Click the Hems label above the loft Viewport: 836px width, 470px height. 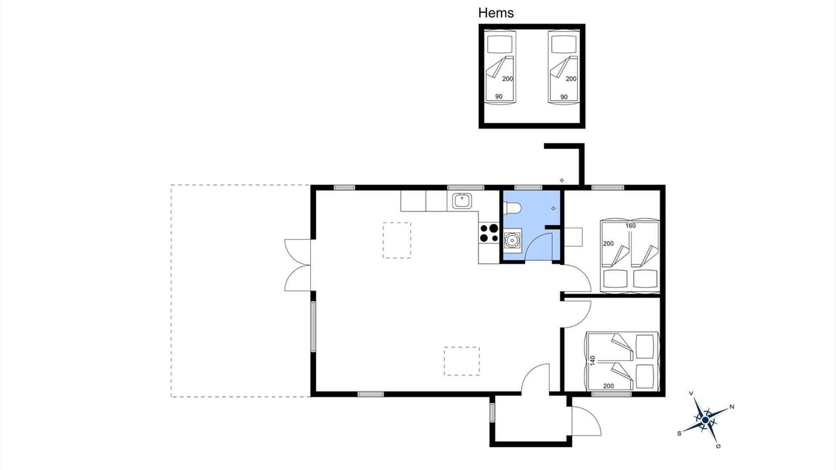[496, 12]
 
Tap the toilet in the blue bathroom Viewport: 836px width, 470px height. [511, 208]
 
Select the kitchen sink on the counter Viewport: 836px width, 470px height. [462, 201]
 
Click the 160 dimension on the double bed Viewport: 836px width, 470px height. [630, 226]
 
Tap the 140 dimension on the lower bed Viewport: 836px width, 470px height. [592, 360]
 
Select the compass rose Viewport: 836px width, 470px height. [705, 420]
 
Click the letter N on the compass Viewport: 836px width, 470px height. [732, 407]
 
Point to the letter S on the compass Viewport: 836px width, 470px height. [679, 433]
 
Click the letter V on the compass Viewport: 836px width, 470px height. [691, 393]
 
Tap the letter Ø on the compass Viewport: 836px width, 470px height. [718, 446]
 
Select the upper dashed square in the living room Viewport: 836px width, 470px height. [396, 240]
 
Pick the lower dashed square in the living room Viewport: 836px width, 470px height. [462, 361]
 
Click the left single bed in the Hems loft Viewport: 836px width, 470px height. [500, 67]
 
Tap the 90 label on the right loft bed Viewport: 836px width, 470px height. [564, 97]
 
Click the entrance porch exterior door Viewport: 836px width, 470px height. [587, 421]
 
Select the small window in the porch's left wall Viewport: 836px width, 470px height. [492, 413]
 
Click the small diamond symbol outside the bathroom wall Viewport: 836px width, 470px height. [562, 180]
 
